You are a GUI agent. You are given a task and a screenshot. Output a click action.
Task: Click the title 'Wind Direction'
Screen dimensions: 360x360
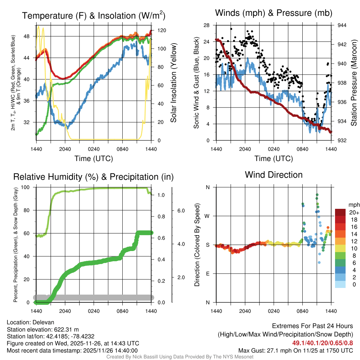pos(274,175)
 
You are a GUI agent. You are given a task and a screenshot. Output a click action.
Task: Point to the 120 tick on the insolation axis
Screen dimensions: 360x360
pos(158,30)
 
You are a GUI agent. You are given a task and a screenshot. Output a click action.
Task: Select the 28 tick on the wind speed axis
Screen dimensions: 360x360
pos(207,25)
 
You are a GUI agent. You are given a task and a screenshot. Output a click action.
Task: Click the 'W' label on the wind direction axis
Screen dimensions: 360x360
pos(207,216)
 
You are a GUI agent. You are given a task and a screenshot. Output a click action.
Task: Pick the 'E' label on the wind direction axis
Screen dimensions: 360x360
pos(208,274)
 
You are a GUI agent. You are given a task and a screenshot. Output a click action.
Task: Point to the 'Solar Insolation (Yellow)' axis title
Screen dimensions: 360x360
pos(173,83)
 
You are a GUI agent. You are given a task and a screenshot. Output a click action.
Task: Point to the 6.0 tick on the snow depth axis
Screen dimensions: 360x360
pos(180,210)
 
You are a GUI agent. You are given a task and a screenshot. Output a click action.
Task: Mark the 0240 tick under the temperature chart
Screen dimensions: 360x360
pos(94,149)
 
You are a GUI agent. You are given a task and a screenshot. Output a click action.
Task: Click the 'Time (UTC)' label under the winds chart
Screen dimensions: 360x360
pos(274,159)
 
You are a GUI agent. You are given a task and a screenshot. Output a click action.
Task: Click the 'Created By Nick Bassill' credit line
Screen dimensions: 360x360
pos(180,357)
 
